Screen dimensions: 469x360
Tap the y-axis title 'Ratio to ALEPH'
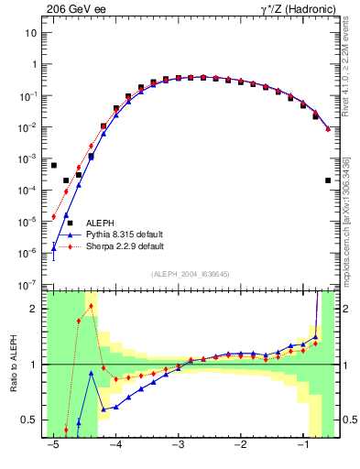(x=13, y=364)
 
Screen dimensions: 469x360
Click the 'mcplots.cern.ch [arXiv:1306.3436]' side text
(x=352, y=228)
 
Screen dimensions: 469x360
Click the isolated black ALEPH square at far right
(x=328, y=180)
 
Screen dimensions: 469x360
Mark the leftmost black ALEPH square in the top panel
(x=54, y=165)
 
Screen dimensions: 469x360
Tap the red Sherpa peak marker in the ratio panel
(x=92, y=306)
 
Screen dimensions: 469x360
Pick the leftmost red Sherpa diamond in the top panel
(x=54, y=217)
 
